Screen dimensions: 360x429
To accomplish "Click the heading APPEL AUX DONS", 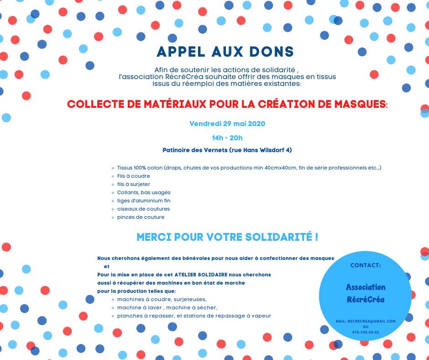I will click(x=225, y=52).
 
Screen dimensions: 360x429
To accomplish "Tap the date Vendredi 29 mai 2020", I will click(x=227, y=124).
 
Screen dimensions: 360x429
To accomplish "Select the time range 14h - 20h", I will click(x=227, y=138).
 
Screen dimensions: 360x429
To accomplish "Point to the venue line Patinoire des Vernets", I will click(x=227, y=150).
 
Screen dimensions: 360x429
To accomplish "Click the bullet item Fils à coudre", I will click(x=133, y=176).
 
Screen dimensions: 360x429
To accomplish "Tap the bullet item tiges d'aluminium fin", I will click(x=143, y=201).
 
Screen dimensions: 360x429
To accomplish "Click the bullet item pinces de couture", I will click(x=141, y=217).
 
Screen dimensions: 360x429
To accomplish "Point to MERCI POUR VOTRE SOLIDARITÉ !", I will click(x=227, y=238).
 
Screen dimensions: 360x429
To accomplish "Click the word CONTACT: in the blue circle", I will click(x=365, y=265).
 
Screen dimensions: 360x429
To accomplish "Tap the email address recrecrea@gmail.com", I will click(x=371, y=321).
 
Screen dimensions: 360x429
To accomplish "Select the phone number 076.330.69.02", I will click(x=366, y=332).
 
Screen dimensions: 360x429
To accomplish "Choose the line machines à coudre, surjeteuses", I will click(x=162, y=299).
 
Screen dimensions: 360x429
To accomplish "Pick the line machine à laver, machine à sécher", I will click(x=167, y=307).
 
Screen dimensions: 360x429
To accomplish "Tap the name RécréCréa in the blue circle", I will click(x=366, y=300).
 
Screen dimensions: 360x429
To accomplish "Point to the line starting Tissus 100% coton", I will click(x=249, y=168).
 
